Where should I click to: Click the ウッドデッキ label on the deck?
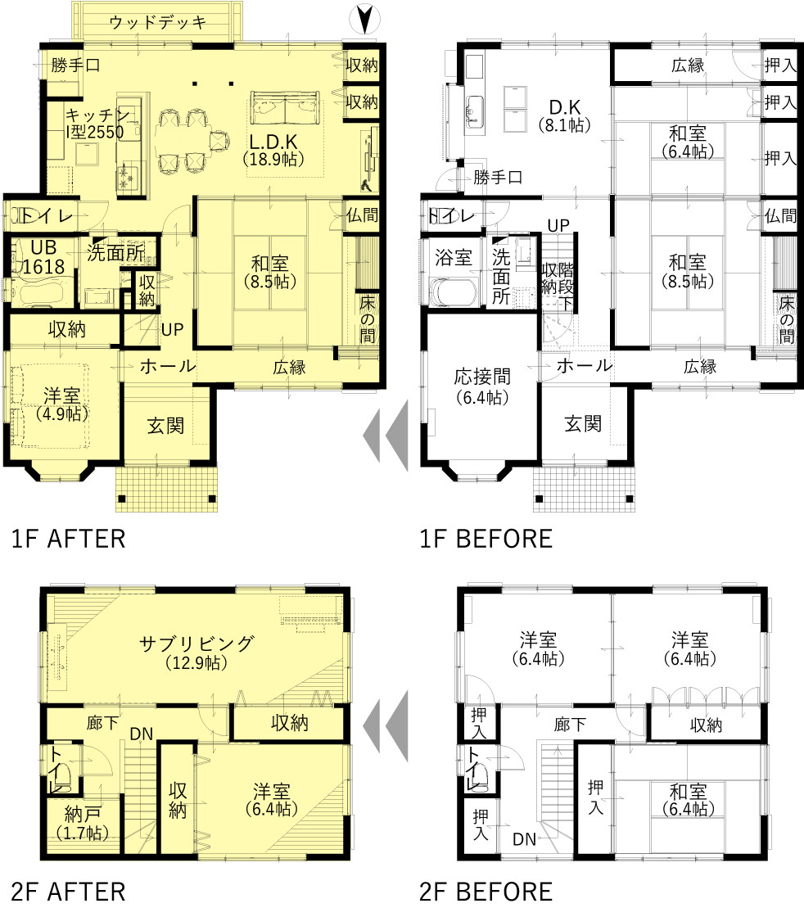(x=157, y=23)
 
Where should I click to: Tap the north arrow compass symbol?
(x=364, y=19)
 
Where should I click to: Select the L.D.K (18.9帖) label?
(x=273, y=150)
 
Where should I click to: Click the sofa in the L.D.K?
(x=284, y=108)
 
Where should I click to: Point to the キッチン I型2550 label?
(x=96, y=124)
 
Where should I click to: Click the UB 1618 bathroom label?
(x=43, y=256)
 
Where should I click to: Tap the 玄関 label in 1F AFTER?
(x=165, y=426)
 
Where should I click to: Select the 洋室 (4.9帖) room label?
(x=62, y=404)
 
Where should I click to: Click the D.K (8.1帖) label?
(x=565, y=115)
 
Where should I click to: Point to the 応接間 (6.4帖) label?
(x=482, y=386)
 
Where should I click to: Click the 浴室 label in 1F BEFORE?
(x=454, y=257)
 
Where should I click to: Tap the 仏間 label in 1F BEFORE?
(x=780, y=216)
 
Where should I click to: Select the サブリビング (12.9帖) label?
(x=196, y=653)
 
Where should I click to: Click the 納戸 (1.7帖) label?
(x=83, y=823)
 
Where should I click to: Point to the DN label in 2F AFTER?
(x=141, y=734)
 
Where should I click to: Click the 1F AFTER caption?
(x=68, y=539)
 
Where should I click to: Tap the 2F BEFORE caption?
(x=486, y=892)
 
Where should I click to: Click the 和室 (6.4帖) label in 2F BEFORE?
(x=689, y=800)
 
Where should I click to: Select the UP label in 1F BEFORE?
(x=558, y=225)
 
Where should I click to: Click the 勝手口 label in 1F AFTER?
(x=75, y=66)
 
